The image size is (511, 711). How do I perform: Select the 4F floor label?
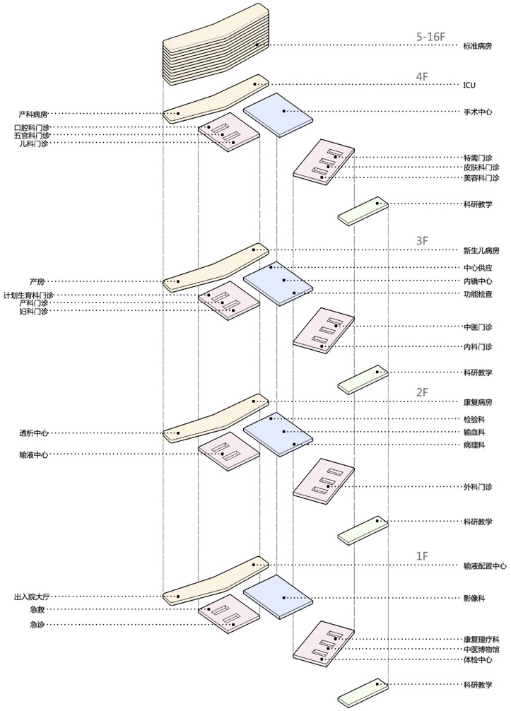click(x=423, y=76)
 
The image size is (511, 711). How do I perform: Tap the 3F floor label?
click(x=423, y=241)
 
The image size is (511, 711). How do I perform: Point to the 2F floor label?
click(x=423, y=392)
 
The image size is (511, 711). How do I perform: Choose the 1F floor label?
click(x=423, y=556)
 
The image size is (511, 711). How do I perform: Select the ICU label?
click(x=469, y=85)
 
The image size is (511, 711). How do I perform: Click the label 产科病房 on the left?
click(x=33, y=114)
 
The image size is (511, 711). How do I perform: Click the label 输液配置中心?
click(x=484, y=565)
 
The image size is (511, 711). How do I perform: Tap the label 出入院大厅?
click(x=30, y=597)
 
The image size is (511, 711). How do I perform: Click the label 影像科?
click(x=474, y=598)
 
